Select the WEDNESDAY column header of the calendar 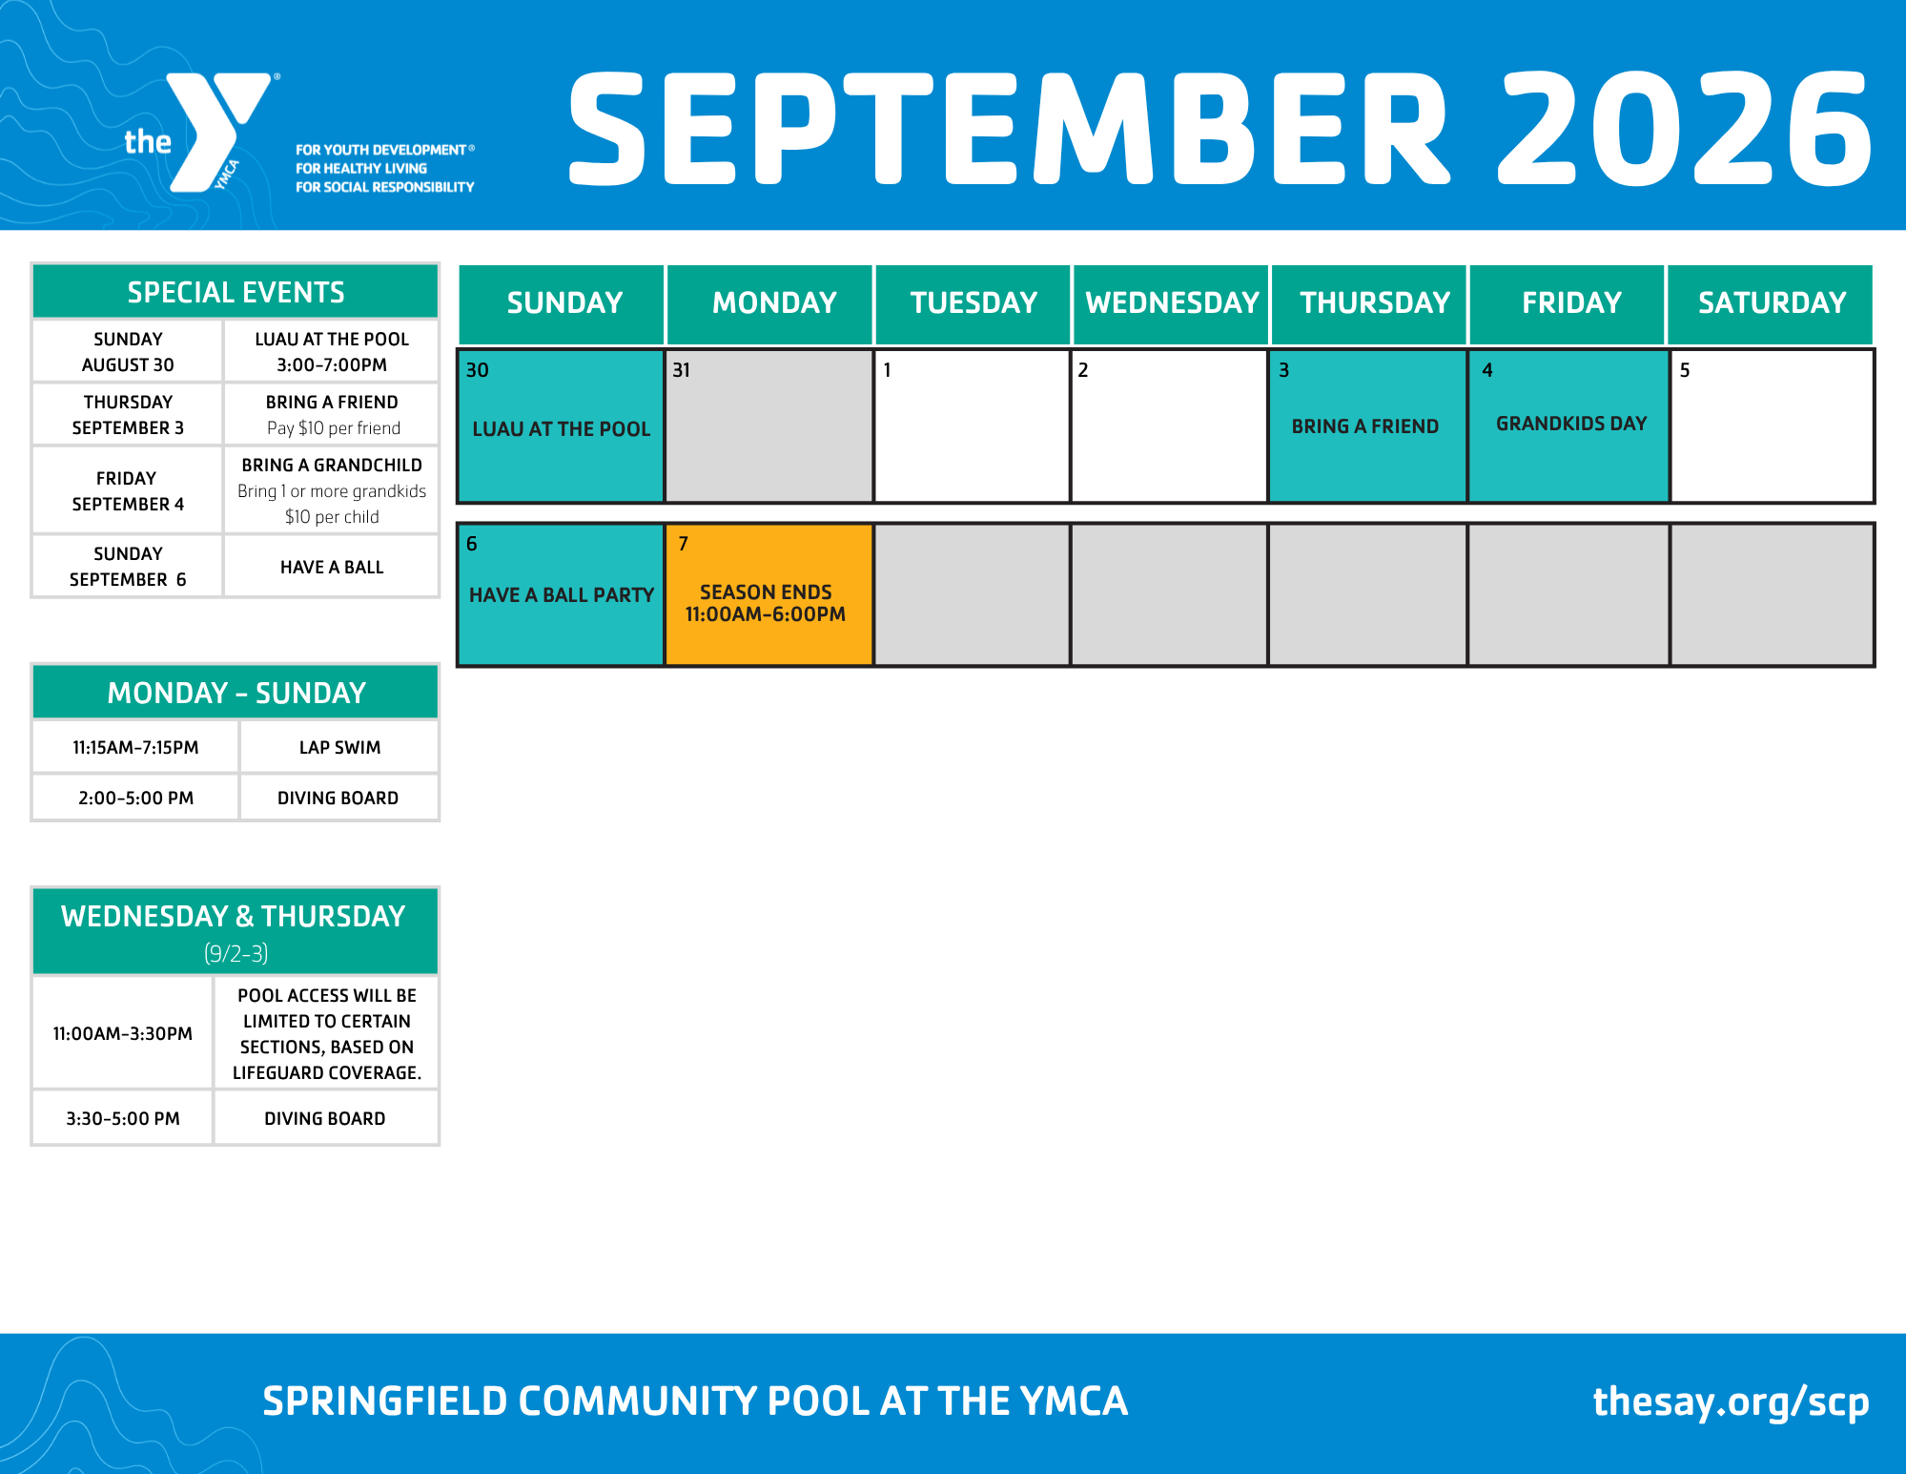(x=1172, y=303)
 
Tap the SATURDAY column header (x=1772, y=303)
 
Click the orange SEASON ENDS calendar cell (x=769, y=593)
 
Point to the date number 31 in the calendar (x=681, y=370)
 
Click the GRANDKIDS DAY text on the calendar (x=1571, y=424)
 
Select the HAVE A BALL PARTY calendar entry (x=562, y=595)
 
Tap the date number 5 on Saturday (x=1685, y=370)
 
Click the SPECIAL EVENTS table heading (x=236, y=292)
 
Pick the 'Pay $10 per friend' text (x=334, y=428)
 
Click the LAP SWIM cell (x=339, y=747)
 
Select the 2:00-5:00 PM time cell (x=135, y=798)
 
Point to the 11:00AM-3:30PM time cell (x=123, y=1033)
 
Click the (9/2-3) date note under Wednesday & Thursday (x=236, y=953)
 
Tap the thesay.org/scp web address (x=1731, y=1401)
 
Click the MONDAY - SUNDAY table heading (x=236, y=693)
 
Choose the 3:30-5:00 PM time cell (x=123, y=1118)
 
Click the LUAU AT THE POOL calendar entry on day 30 (x=562, y=429)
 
